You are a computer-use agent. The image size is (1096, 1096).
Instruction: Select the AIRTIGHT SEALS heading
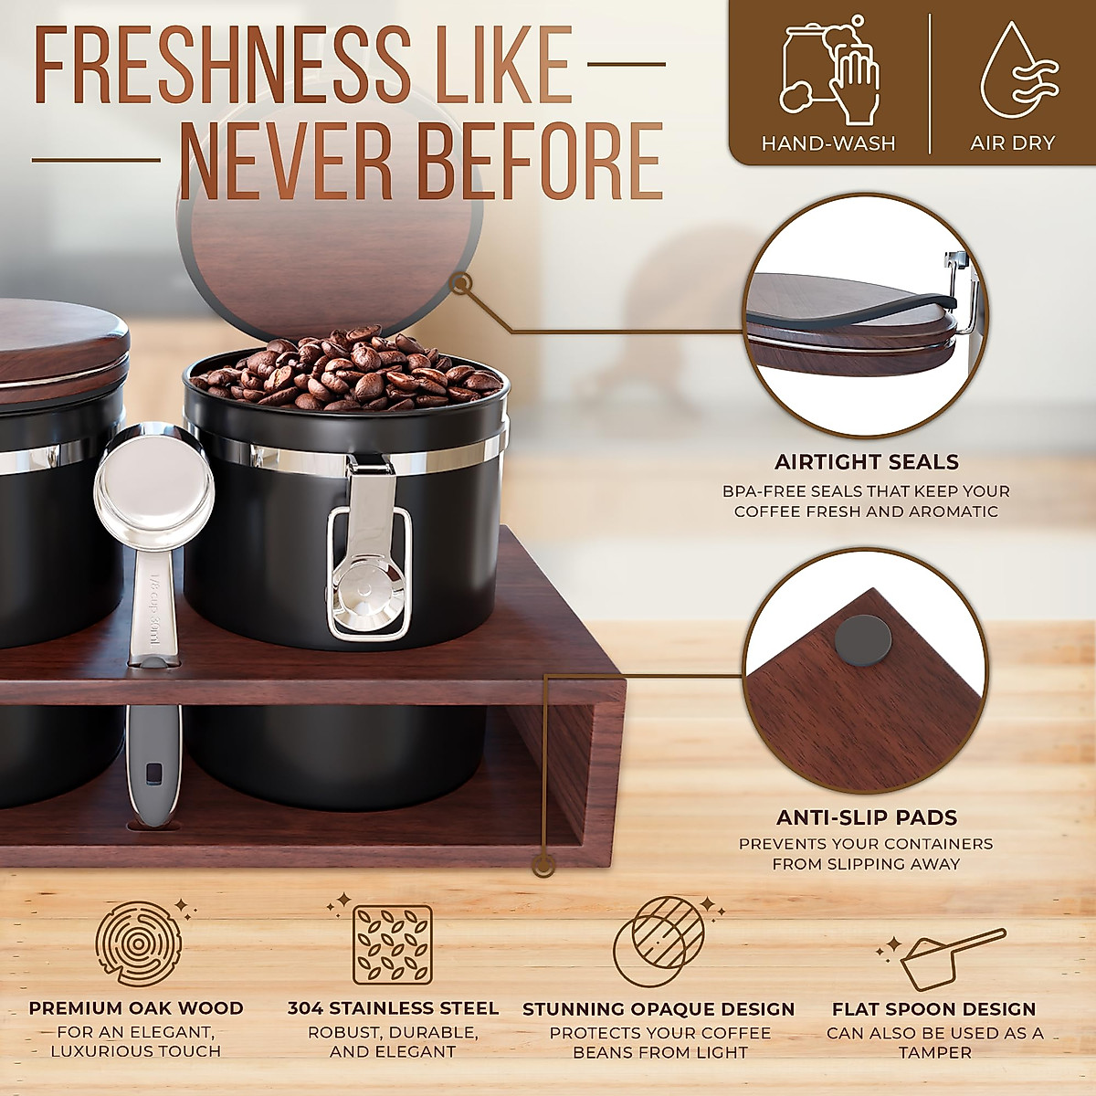point(866,462)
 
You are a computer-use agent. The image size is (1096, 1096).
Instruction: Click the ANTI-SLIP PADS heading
point(866,818)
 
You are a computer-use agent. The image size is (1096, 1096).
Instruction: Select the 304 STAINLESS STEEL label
point(393,1009)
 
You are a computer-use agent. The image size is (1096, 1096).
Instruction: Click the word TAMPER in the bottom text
point(934,1053)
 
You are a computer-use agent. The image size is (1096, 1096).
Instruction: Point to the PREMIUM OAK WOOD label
point(136,1009)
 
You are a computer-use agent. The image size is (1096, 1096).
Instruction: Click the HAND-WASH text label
point(827,143)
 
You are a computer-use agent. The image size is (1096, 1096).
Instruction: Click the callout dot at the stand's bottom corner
point(545,859)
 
